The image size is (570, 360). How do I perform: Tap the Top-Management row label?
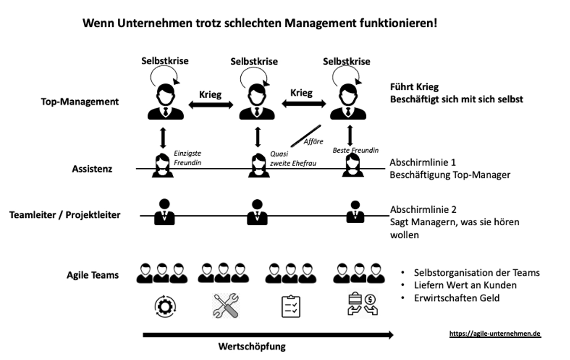coord(80,102)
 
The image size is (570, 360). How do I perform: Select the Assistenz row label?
coord(92,169)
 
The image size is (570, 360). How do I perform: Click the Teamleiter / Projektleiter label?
coord(65,215)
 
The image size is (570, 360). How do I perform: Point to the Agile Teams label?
coord(93,275)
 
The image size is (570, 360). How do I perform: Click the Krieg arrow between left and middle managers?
coord(211,105)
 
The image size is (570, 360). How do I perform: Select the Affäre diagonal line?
coord(306,136)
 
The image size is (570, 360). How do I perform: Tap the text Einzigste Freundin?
coord(188,158)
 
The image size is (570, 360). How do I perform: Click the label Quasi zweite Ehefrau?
coord(293,159)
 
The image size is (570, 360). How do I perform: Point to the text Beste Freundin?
coord(355,150)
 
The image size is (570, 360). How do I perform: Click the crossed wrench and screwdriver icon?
coord(226,306)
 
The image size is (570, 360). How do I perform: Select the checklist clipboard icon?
coord(291,306)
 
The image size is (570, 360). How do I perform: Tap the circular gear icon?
coord(165,307)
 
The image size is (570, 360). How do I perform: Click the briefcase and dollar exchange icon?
coord(363,304)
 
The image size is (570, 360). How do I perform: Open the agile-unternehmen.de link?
coord(495,334)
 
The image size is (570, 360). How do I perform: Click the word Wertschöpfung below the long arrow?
coord(252,346)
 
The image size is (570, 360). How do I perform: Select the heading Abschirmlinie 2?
coord(423,210)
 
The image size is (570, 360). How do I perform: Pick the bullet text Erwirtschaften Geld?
coord(457,298)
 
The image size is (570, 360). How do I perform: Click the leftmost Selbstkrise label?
coord(165,61)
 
